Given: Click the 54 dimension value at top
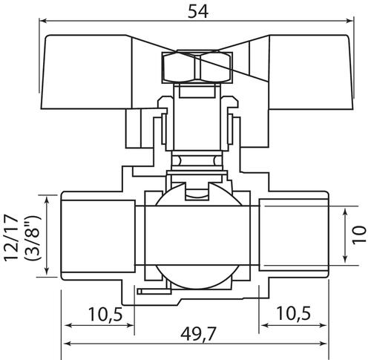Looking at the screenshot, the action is coord(198,12).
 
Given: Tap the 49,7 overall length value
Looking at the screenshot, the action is coord(198,334).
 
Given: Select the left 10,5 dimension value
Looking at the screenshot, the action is coord(105,314).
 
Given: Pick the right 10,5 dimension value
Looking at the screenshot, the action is coord(293,313).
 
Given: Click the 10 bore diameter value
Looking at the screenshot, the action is coord(359,235).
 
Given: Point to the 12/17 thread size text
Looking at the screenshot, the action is coord(11,238).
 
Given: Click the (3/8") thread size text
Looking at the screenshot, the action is coord(32,238).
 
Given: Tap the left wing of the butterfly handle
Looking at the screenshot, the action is coord(87,72).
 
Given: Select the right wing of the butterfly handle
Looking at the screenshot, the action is coord(310,72).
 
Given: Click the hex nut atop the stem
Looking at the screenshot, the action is coord(197,67).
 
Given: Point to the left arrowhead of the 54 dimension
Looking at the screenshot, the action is coord(43,21).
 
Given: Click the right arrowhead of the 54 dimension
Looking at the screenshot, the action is coord(349,21).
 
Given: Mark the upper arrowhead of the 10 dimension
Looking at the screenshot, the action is coord(345,212).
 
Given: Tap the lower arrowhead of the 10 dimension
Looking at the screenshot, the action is coord(345,258).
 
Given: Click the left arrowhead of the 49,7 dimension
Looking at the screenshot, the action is coord(68,343).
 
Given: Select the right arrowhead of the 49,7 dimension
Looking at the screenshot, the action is coord(323,343).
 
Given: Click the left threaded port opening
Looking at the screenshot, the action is coord(98,236).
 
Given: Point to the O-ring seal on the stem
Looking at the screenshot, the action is coord(197,161).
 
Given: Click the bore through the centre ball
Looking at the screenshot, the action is coord(197,235).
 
